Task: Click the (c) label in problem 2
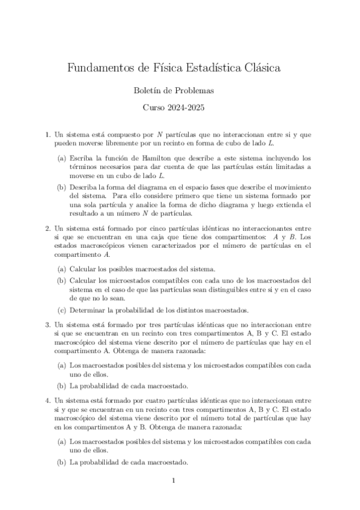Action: [62, 310]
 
